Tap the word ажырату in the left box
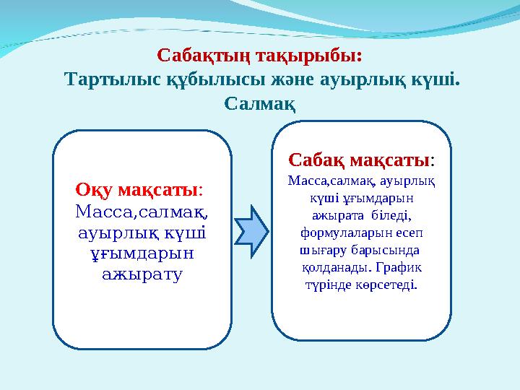142,274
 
